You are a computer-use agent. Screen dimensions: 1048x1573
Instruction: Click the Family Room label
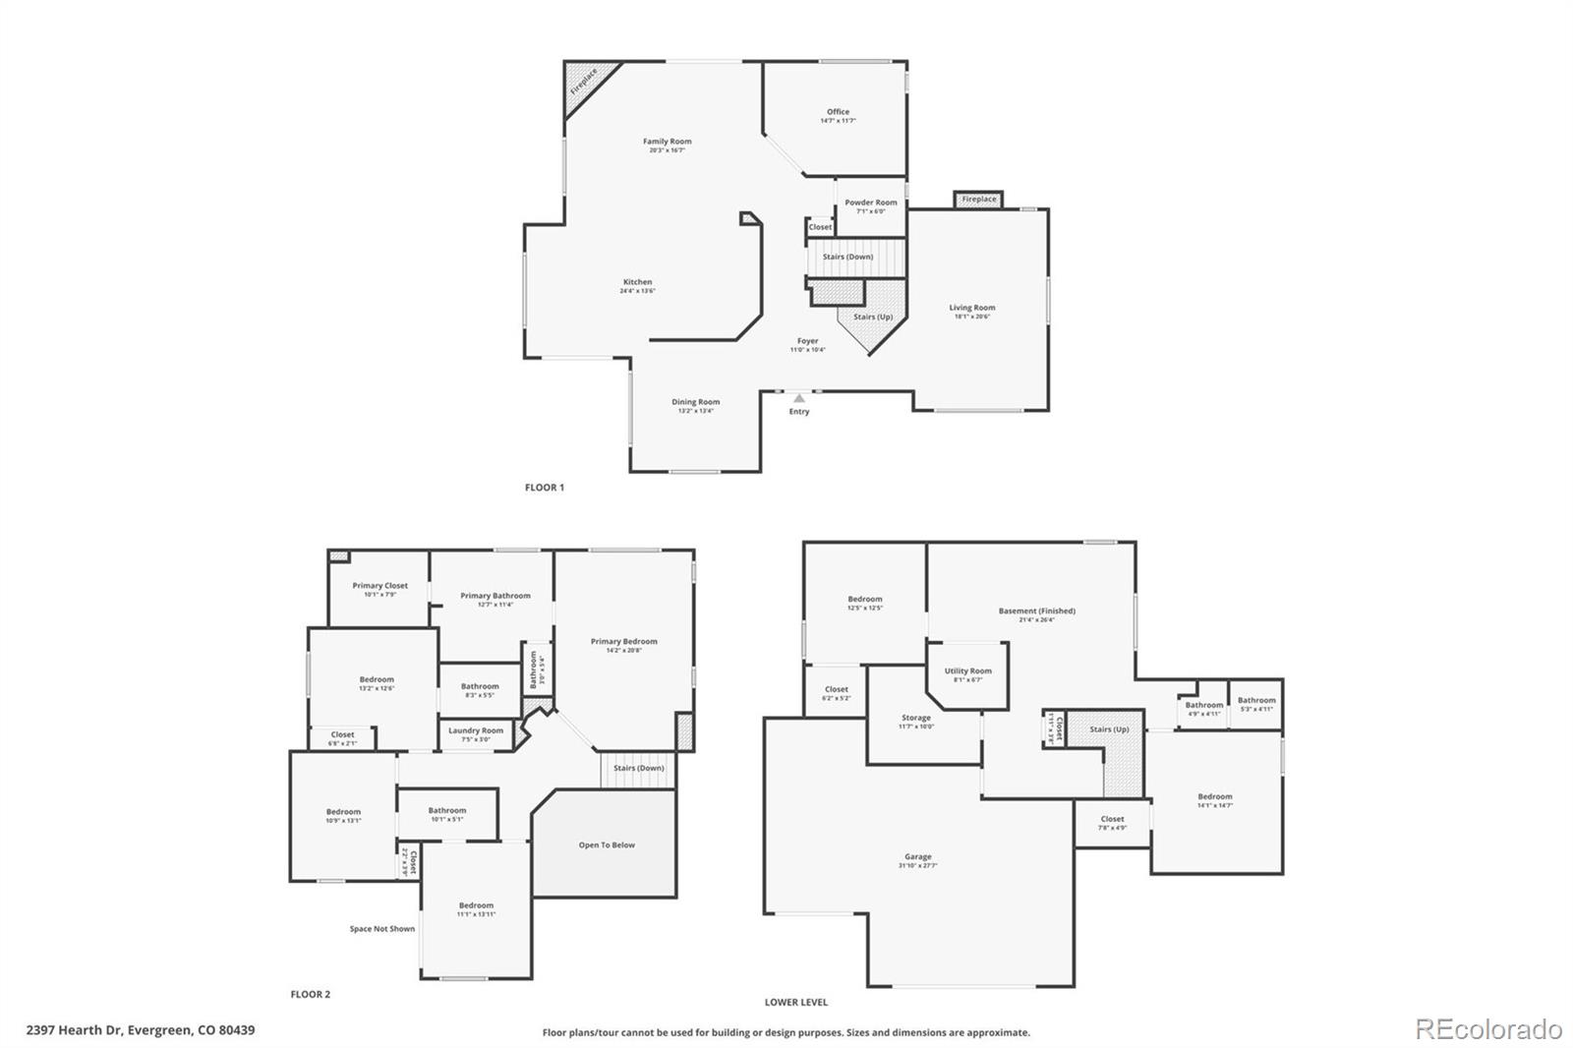click(667, 142)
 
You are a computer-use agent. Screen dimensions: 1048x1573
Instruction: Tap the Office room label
click(838, 112)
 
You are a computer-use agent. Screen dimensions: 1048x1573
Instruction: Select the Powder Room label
click(870, 203)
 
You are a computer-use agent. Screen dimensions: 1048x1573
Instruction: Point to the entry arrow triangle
click(799, 398)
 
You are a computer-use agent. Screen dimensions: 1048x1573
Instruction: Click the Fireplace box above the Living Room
click(978, 200)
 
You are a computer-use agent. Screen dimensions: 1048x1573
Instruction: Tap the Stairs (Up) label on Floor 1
click(872, 317)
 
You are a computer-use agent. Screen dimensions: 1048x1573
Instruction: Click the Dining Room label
click(695, 402)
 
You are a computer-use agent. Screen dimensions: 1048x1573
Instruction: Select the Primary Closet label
click(379, 586)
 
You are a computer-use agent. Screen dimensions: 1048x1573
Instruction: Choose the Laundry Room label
click(476, 730)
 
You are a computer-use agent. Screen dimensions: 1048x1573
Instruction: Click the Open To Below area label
click(607, 844)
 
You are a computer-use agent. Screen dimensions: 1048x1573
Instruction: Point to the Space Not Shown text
click(382, 928)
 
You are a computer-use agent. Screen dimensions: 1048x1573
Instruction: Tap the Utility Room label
click(967, 671)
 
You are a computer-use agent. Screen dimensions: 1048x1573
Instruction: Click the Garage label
click(917, 857)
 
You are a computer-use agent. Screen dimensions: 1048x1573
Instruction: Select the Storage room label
click(915, 719)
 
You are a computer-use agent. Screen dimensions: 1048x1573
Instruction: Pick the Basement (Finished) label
click(1036, 611)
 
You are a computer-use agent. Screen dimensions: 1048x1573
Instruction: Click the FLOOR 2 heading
click(311, 994)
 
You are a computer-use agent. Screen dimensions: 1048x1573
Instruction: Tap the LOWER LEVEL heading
click(796, 1002)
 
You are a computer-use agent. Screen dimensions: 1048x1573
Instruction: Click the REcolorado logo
click(1487, 1029)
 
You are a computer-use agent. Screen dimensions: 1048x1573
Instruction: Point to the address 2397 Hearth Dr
click(141, 1030)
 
